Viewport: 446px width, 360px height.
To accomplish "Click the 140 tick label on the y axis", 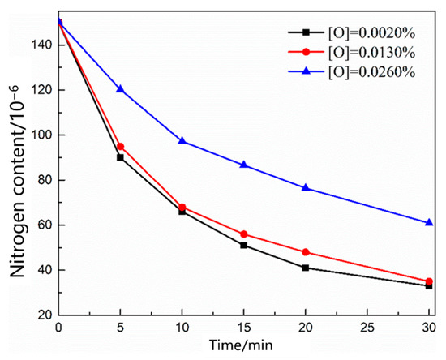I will [40, 45].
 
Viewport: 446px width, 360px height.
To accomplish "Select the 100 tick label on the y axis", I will [40, 135].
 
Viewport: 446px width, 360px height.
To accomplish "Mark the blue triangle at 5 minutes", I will [120, 89].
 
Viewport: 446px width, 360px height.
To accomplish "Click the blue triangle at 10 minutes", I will [182, 141].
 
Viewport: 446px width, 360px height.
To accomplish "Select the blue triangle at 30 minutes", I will [429, 222].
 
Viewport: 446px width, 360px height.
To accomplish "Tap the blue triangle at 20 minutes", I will [306, 187].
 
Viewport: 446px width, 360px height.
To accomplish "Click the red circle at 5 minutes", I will [120, 147].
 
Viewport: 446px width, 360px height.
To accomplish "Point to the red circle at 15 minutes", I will [243, 234].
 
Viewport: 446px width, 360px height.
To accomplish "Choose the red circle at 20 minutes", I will [306, 252].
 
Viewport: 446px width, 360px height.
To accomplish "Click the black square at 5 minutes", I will [120, 157].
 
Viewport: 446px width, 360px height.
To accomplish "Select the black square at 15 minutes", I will [243, 245].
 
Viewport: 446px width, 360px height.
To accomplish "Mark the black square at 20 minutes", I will [306, 268].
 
